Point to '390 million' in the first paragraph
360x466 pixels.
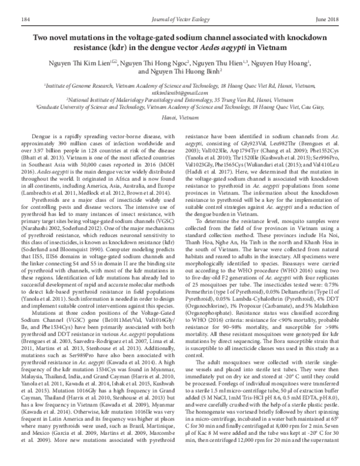(x=80, y=144)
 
